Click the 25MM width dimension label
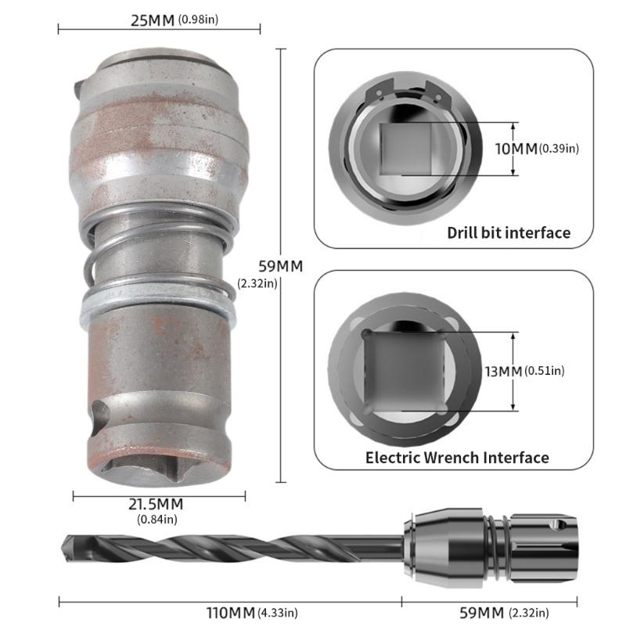point(153,19)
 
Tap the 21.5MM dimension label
point(156,503)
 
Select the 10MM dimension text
point(515,148)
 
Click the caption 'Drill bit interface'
point(508,232)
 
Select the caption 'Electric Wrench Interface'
point(457,457)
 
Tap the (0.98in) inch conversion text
point(200,20)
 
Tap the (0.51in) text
point(545,370)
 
